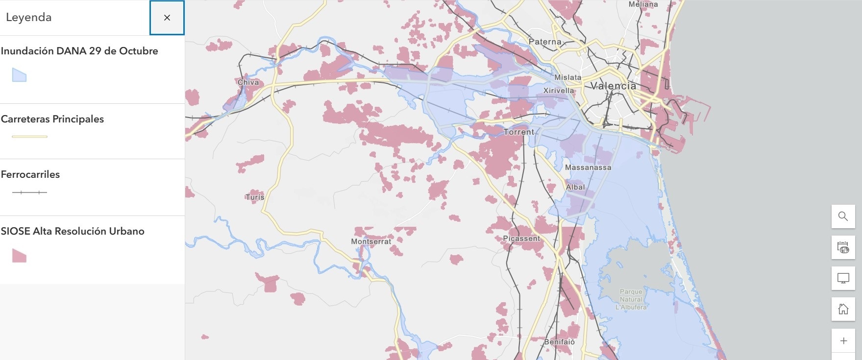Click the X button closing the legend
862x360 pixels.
click(167, 18)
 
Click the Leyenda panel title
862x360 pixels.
click(28, 18)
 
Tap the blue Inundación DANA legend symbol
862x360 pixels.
click(19, 75)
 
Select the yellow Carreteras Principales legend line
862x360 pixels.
click(29, 137)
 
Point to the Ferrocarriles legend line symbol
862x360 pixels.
click(29, 192)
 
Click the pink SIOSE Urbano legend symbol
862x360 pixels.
click(19, 255)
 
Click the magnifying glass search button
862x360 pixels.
click(843, 216)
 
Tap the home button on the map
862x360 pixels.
click(843, 309)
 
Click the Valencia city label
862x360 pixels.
click(613, 86)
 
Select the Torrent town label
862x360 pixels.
click(519, 132)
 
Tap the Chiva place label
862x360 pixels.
click(248, 82)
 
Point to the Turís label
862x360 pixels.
click(255, 197)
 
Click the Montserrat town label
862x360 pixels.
click(371, 241)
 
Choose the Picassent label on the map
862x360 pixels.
click(521, 239)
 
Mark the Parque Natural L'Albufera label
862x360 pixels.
click(631, 299)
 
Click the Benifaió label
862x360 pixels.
click(559, 342)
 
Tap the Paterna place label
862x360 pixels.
click(545, 42)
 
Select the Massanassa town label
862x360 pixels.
click(588, 168)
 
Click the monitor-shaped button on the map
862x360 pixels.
click(843, 278)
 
